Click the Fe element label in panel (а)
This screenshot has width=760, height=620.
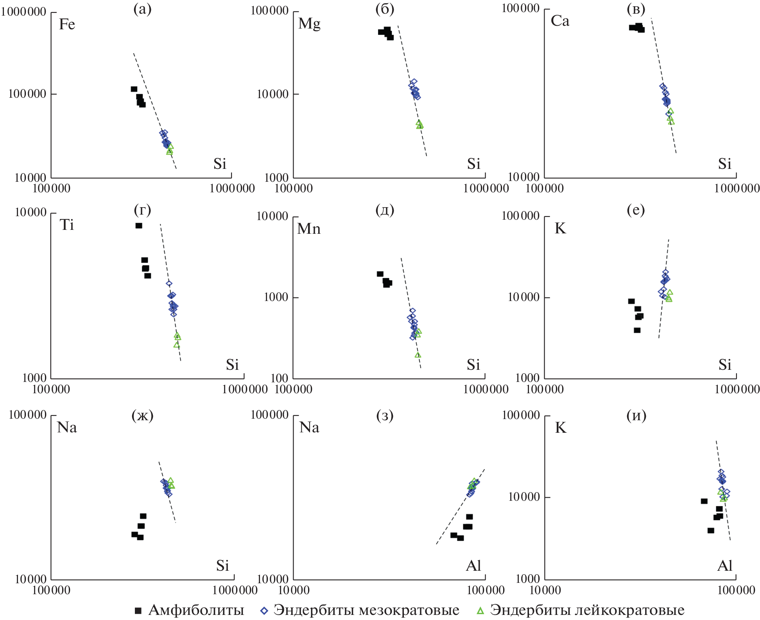(67, 24)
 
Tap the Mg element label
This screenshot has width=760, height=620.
(309, 23)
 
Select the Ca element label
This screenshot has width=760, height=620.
(560, 21)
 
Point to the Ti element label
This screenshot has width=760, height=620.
(67, 225)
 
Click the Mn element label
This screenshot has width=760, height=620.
(309, 228)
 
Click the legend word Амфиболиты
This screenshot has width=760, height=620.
(196, 610)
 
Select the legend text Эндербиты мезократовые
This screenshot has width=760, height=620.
(366, 610)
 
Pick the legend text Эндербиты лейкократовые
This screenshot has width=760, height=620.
(587, 610)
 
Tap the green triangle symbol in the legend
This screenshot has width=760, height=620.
(480, 611)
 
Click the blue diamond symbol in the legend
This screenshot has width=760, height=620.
(264, 611)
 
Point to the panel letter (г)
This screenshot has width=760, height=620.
(142, 210)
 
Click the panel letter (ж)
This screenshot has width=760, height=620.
(142, 415)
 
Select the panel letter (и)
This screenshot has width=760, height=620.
(636, 415)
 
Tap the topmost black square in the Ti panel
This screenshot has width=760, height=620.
(139, 226)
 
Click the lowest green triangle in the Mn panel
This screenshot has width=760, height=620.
(418, 355)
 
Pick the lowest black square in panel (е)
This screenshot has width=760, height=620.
(637, 330)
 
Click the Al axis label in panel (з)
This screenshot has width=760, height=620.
(473, 566)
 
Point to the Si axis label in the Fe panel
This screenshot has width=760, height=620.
(220, 164)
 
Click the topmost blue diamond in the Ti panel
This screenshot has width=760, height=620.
(169, 283)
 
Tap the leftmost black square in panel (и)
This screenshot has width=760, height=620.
(704, 501)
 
